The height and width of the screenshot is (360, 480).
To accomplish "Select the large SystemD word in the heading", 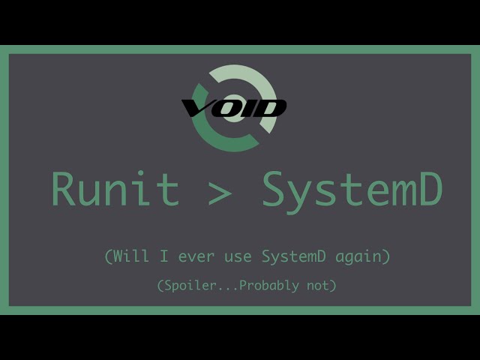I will pos(352,190).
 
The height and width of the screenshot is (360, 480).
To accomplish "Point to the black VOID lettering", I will pos(234,109).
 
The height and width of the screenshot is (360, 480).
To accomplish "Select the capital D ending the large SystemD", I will pos(430,189).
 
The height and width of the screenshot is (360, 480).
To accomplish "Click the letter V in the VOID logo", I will pos(196,109).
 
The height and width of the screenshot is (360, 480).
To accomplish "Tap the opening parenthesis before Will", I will pos(109,256).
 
